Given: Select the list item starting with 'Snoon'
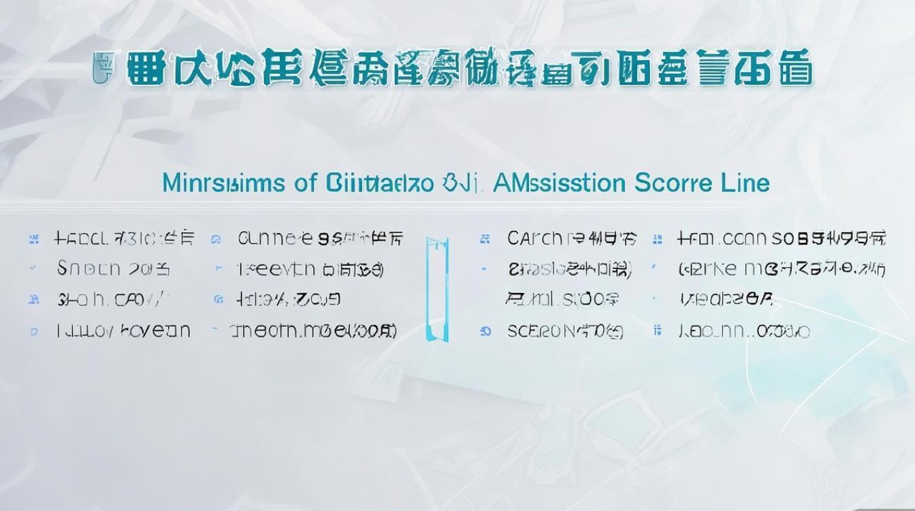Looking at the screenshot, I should coord(113,269).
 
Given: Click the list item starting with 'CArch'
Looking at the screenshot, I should coord(572,238).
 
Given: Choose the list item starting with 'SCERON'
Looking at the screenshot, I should coord(565,332).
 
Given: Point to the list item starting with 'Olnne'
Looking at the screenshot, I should coord(320,238).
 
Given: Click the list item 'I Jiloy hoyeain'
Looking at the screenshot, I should coord(123,332).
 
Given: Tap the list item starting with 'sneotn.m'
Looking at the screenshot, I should coord(313,332).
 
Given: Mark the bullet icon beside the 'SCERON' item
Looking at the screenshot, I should coord(485,332).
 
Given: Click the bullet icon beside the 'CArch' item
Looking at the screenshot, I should coord(485,239).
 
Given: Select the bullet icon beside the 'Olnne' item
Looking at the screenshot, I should coord(216,239).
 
